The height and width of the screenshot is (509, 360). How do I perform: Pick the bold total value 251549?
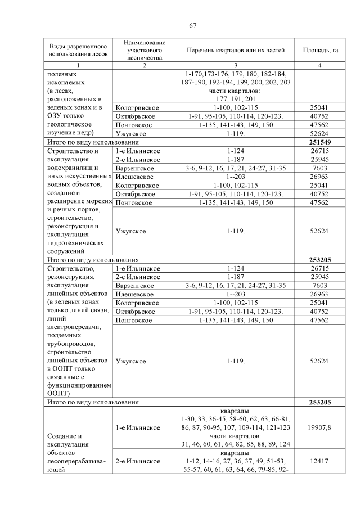pyautogui.click(x=319, y=143)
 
